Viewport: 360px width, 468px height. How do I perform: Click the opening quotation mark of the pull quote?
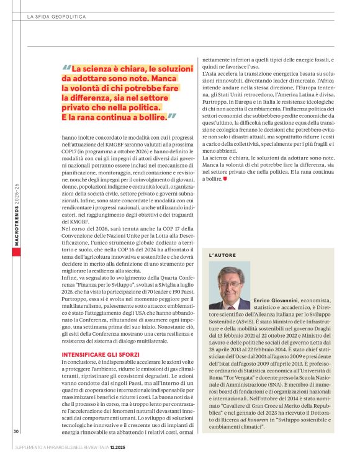click(66, 68)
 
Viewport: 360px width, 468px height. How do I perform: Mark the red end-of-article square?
click(224, 178)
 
